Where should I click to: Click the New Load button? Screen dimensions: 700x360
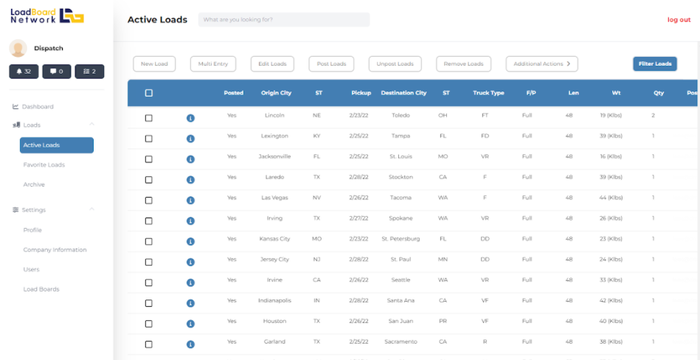[154, 64]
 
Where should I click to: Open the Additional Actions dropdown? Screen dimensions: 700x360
[541, 64]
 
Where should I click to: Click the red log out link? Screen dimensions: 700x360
[679, 20]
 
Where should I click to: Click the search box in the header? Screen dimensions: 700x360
[284, 20]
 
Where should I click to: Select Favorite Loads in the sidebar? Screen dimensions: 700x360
[44, 165]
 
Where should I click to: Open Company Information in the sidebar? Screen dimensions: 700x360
[55, 249]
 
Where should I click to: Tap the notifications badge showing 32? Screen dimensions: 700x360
[24, 72]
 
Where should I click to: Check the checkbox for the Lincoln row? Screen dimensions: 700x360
[149, 118]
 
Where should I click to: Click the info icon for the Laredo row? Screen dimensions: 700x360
[190, 179]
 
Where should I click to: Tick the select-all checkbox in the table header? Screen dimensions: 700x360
[149, 93]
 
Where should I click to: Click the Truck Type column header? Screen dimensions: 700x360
[488, 93]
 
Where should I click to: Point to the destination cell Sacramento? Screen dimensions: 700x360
[401, 342]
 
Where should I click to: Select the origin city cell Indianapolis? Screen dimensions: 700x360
[274, 300]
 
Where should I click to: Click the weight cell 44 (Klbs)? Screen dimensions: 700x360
[611, 198]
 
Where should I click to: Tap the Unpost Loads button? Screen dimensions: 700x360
[395, 64]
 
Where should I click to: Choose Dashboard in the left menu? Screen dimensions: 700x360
[38, 107]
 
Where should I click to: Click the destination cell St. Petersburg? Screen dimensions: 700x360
[401, 239]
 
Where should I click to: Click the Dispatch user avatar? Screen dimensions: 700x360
[18, 48]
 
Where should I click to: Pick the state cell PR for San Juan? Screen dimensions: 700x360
[443, 321]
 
